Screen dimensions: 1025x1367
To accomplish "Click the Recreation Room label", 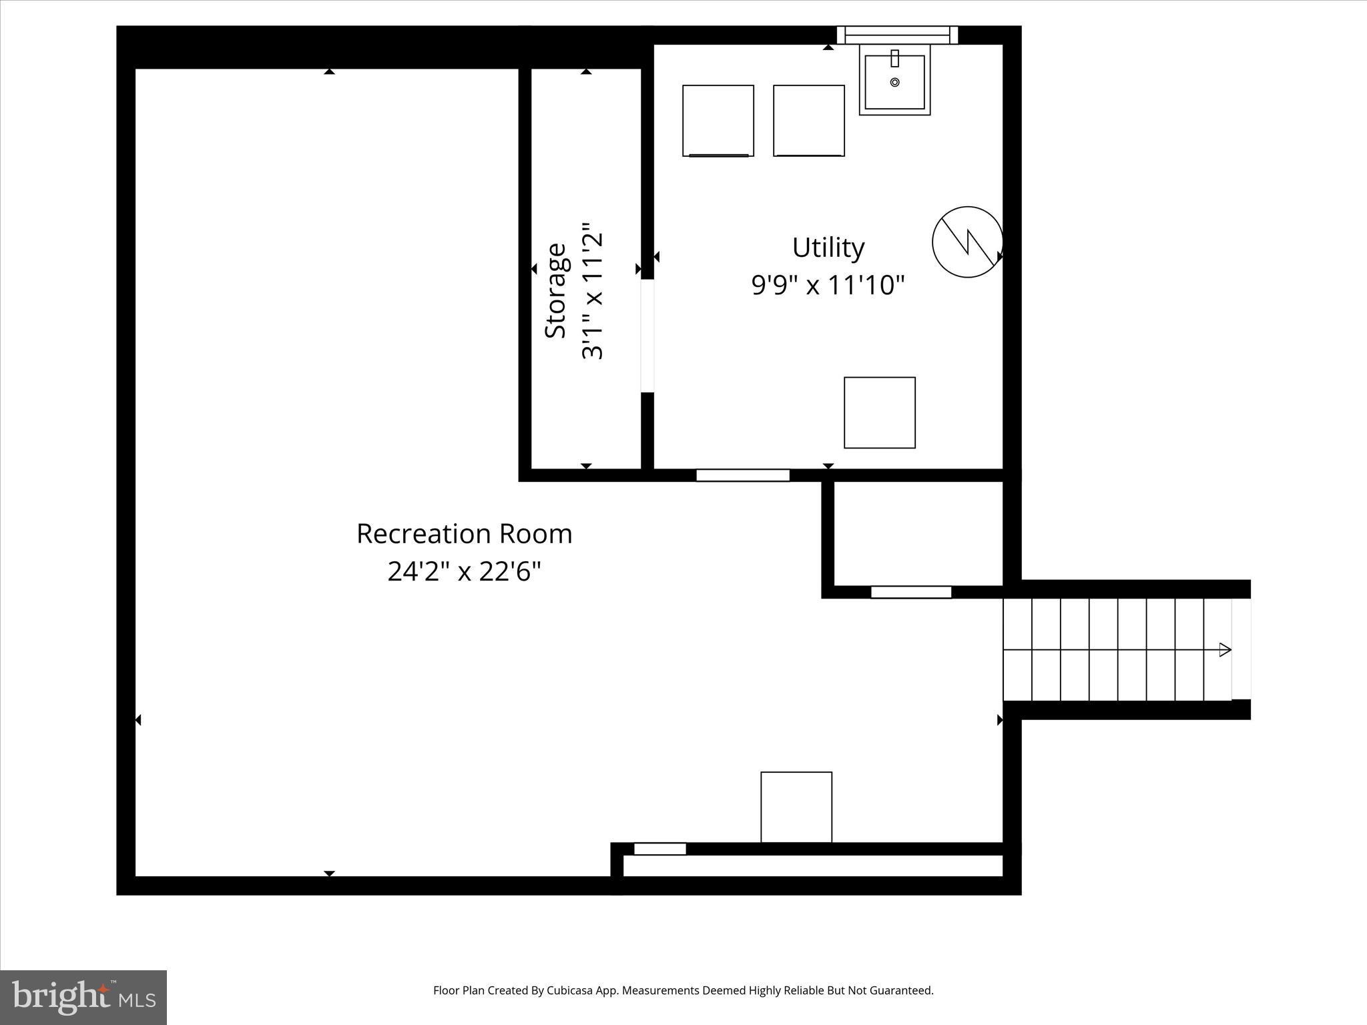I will [464, 534].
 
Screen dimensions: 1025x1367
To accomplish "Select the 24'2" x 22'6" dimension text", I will [464, 572].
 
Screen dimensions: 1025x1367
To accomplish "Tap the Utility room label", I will [828, 248].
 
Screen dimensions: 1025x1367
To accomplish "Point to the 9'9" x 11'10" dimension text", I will [828, 286].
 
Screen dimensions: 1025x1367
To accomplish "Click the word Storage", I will [555, 291].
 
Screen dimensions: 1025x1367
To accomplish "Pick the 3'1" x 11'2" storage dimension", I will [592, 291].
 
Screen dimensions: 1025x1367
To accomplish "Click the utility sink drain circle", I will [894, 82].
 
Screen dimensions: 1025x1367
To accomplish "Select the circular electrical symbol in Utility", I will [967, 242].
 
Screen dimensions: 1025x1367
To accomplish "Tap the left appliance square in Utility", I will [718, 121].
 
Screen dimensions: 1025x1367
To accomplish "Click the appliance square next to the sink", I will [808, 121].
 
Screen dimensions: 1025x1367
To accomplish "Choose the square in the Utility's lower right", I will [879, 412].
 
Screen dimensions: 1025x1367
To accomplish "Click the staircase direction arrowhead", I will [1224, 649].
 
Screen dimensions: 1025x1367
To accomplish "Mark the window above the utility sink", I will [897, 35].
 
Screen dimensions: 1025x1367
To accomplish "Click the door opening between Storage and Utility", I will [647, 336].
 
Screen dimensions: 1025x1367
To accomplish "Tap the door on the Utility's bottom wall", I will [742, 475].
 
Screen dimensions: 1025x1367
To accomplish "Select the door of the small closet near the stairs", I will [910, 592].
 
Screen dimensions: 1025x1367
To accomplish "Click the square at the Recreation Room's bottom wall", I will [796, 807].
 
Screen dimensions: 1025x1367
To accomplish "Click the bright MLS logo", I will [83, 997].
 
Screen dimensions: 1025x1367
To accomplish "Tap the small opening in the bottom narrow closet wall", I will [659, 849].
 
